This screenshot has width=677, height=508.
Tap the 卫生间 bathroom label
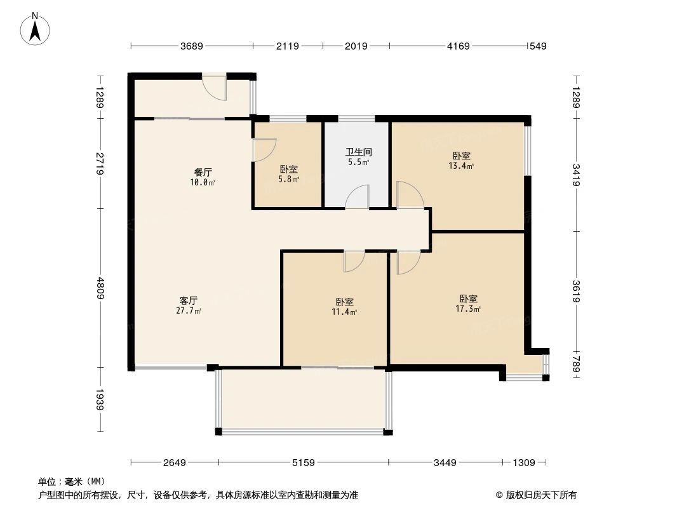358,157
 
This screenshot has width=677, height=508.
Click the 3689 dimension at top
191,46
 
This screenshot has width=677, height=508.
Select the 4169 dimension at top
458,46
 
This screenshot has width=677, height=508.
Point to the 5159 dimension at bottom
304,463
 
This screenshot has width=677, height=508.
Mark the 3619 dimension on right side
576,291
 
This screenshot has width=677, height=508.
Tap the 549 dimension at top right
538,46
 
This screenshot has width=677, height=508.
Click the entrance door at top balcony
215,88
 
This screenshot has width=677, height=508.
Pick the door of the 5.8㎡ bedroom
263,150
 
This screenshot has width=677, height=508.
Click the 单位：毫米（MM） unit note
71,482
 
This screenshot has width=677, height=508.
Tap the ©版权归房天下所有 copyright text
537,495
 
